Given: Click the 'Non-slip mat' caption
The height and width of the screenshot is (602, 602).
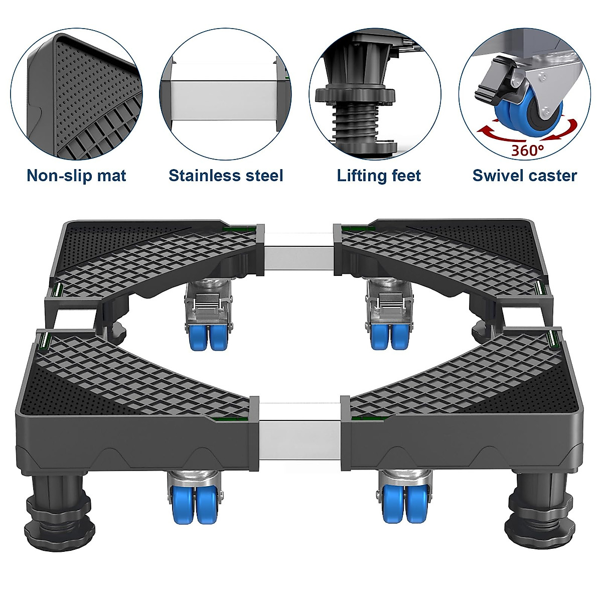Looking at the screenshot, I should (76, 176).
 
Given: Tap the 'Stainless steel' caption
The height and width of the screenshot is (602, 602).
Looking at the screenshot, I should (226, 176).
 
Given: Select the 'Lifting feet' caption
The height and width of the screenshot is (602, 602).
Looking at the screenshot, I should (379, 176).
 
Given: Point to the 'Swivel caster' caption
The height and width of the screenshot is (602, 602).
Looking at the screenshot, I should (525, 176).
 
